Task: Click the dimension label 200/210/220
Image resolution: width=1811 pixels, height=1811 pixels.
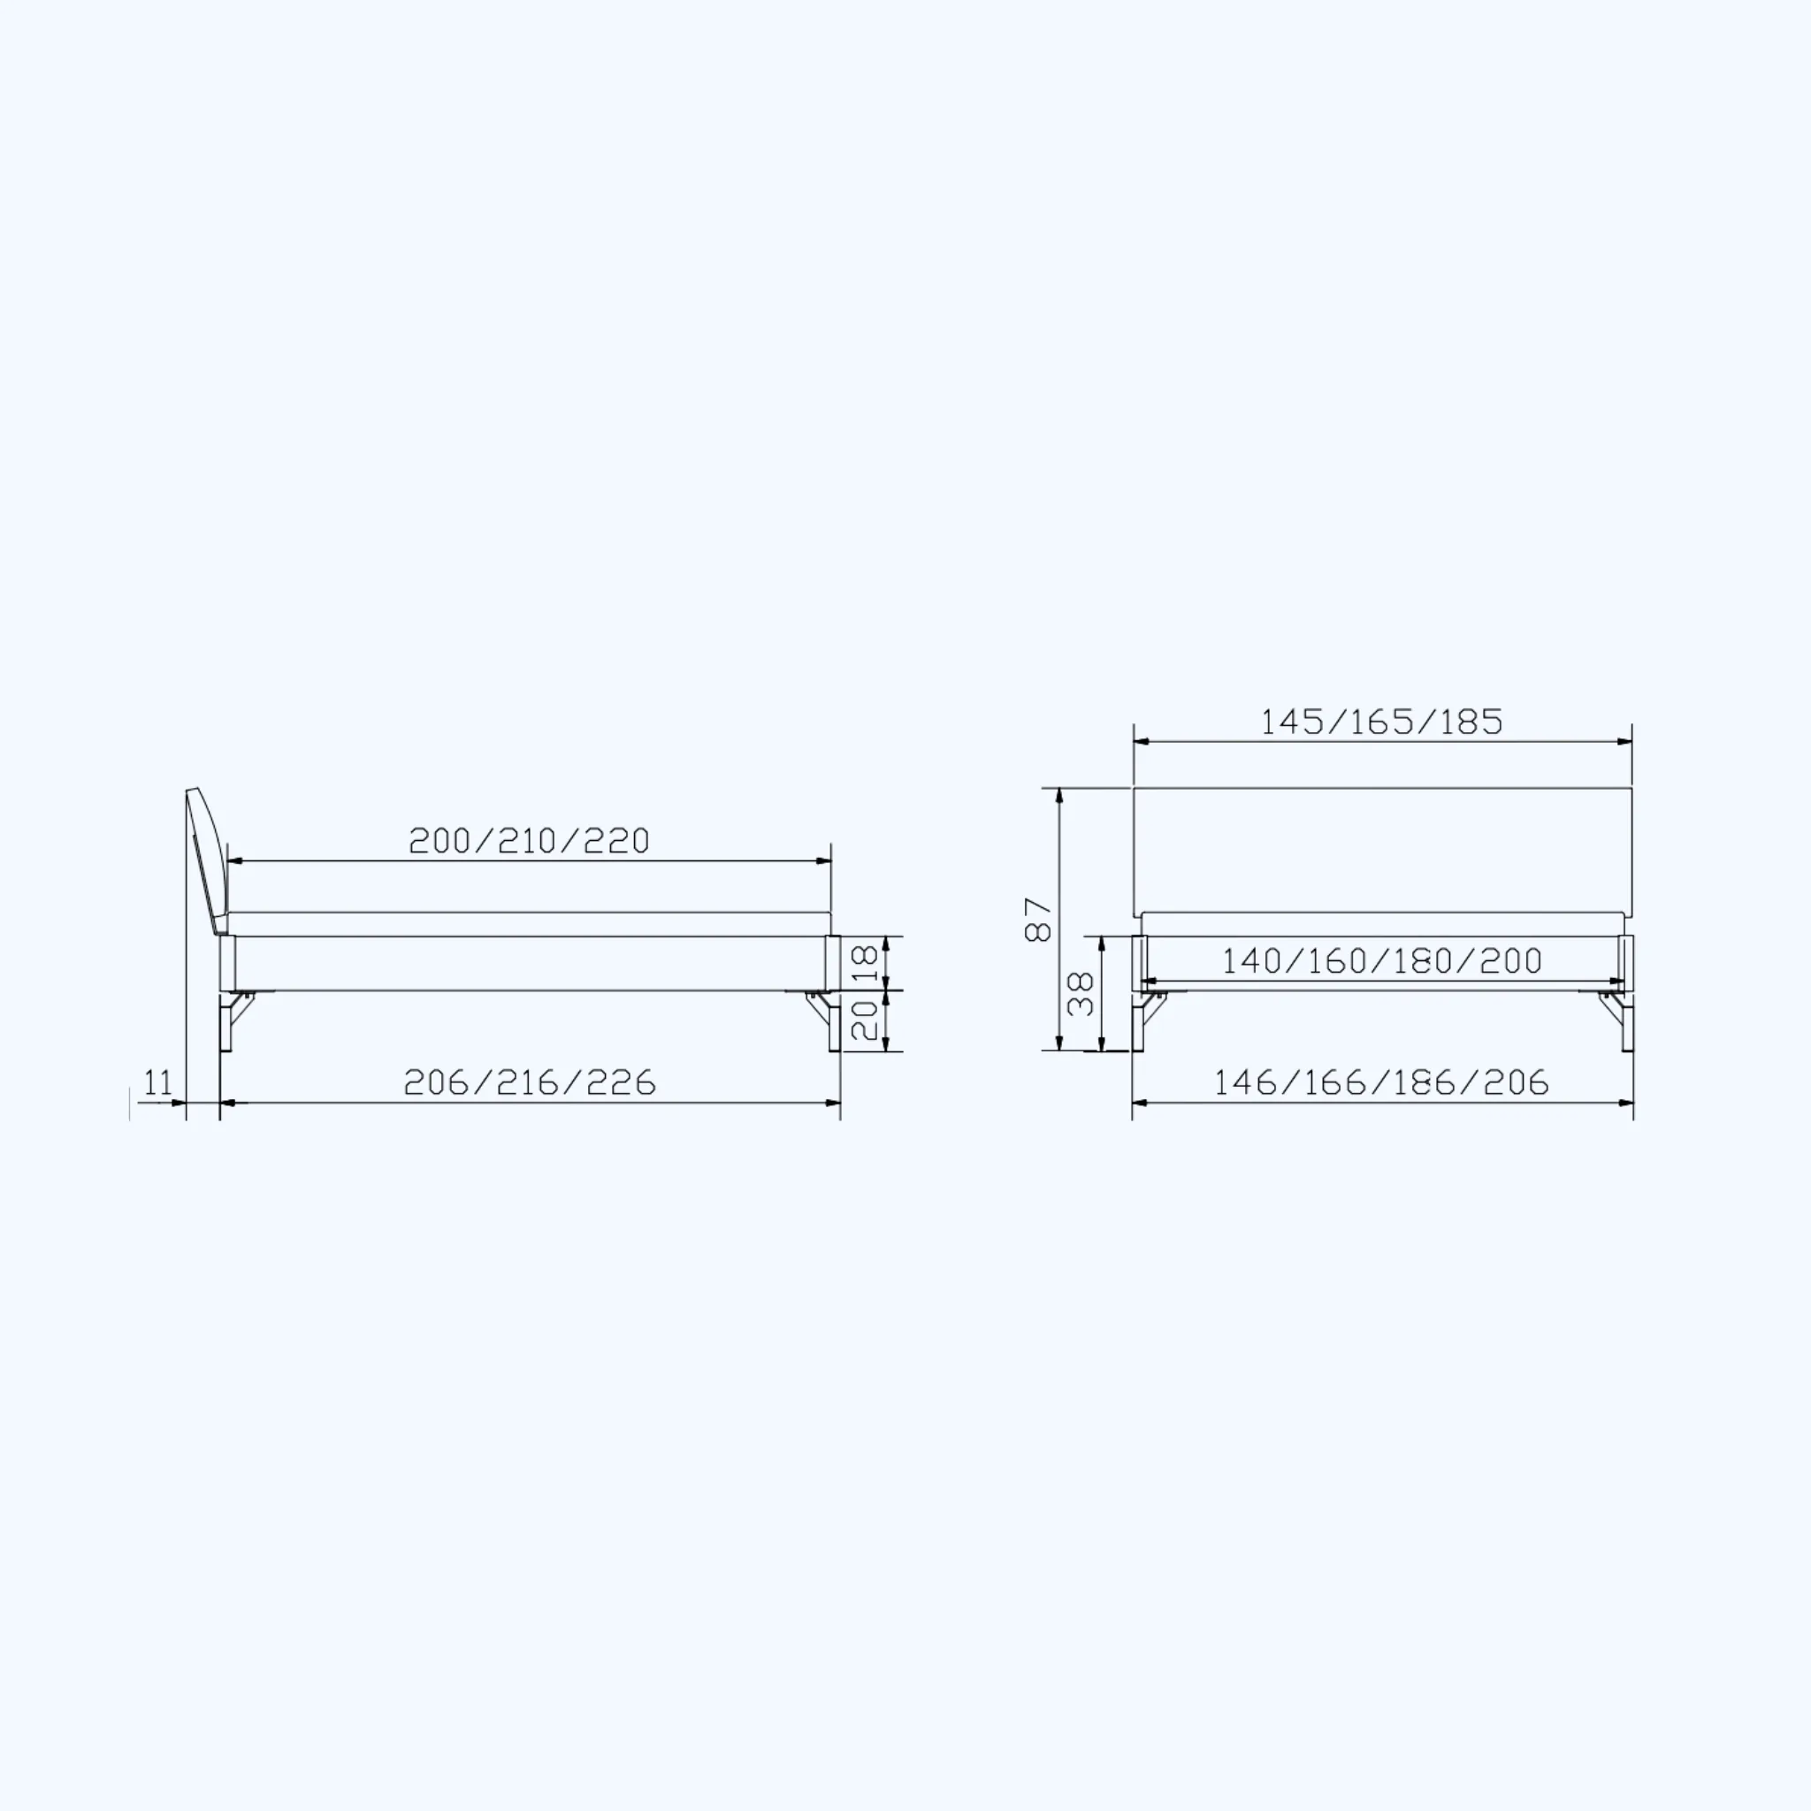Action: [x=529, y=841]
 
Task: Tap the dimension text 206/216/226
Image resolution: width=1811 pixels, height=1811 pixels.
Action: [x=530, y=1082]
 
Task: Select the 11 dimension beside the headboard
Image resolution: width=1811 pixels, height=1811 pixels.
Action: [x=158, y=1082]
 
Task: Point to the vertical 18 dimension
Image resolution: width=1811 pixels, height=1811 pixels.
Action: [x=867, y=963]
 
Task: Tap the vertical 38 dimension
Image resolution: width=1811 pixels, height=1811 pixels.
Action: [x=1081, y=994]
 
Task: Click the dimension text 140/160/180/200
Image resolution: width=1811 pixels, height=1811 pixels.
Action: [x=1382, y=961]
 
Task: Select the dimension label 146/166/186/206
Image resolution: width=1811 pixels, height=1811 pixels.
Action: [x=1382, y=1082]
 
